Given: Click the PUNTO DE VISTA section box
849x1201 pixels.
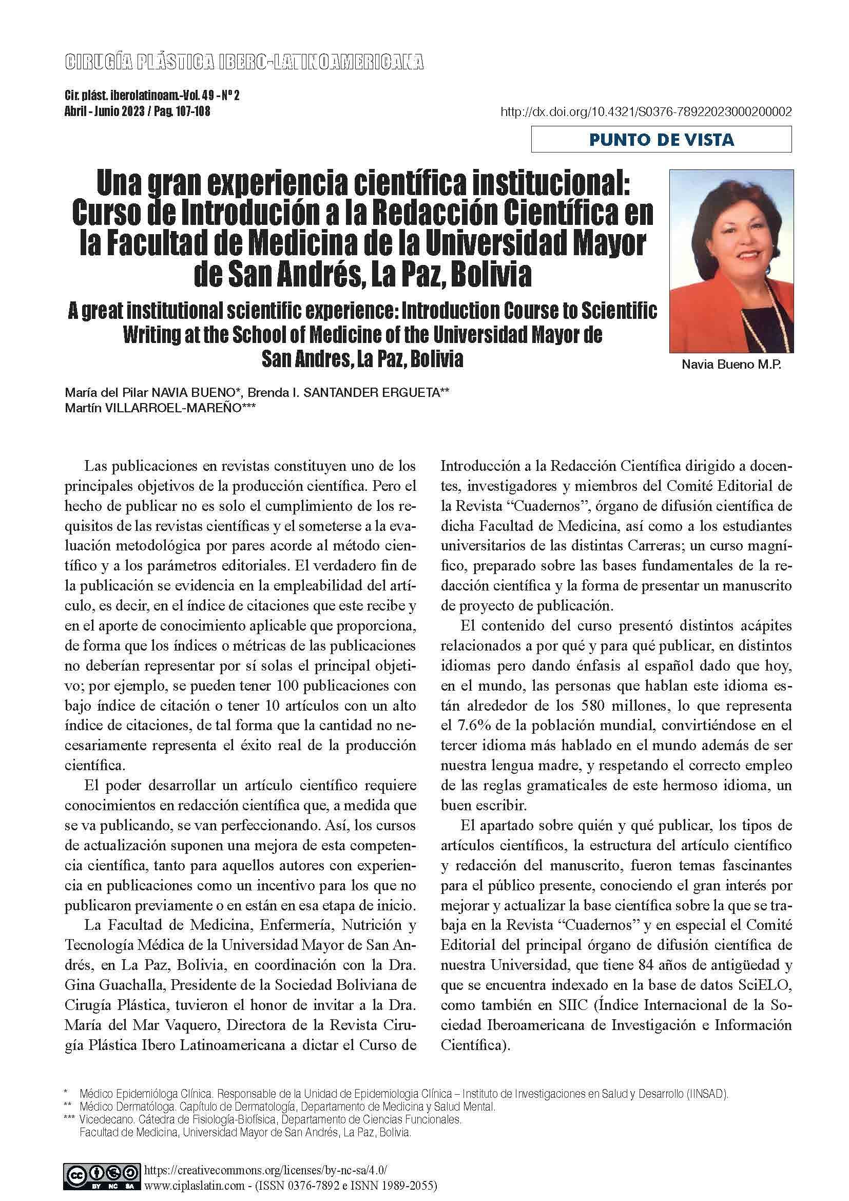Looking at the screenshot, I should tap(661, 140).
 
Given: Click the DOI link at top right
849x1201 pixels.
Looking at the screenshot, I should tap(646, 112).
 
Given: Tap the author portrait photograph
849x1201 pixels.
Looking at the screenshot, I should tap(731, 260).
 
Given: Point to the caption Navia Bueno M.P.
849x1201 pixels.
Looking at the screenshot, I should tap(731, 365).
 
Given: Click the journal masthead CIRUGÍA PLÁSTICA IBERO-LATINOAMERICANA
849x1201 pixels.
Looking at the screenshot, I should tap(244, 63).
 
